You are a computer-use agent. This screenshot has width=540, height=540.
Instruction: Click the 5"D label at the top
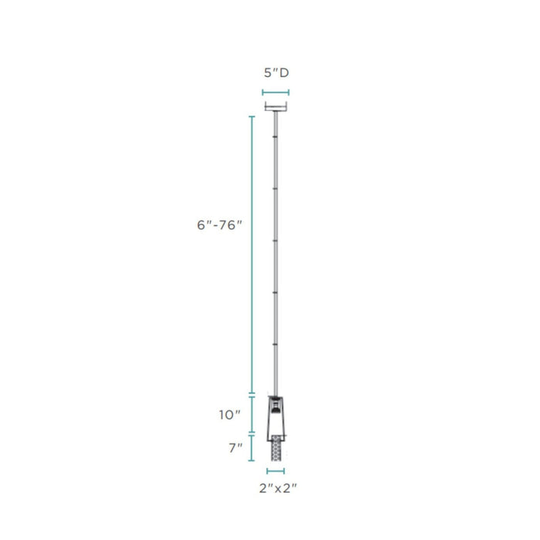276,73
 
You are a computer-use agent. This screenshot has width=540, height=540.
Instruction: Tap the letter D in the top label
285,73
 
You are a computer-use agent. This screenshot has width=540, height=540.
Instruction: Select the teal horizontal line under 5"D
275,93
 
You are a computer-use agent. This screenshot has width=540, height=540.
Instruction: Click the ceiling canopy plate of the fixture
275,106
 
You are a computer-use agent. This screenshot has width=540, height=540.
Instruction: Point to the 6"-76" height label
219,225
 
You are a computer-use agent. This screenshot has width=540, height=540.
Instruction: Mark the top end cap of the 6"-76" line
252,116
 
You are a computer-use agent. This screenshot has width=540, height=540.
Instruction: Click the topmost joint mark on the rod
275,137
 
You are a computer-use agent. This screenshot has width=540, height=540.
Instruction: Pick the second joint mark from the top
275,189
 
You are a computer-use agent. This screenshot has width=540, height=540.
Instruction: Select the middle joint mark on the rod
275,241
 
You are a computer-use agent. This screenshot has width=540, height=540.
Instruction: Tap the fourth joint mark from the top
275,292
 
